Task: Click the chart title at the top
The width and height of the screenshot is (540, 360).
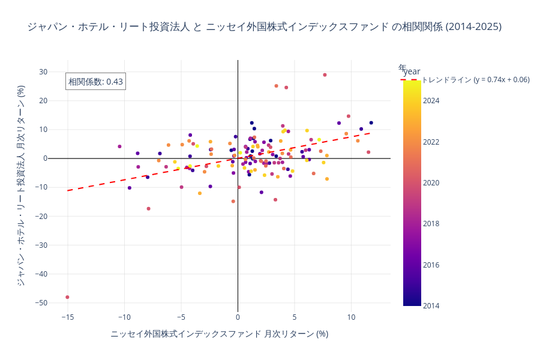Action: point(265,26)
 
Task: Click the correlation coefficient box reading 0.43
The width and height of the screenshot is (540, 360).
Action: point(95,82)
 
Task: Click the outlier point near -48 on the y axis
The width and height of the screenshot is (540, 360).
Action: point(67,297)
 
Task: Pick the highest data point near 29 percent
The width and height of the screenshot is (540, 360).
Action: point(325,75)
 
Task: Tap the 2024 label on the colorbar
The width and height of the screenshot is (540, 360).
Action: point(430,101)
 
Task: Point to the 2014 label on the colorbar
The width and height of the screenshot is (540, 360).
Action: point(430,305)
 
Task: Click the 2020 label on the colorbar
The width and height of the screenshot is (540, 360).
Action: point(430,182)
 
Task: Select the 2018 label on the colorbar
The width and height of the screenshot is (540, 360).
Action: point(430,224)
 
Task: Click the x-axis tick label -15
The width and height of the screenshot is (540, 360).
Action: point(67,317)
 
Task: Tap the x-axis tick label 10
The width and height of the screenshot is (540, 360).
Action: point(351,317)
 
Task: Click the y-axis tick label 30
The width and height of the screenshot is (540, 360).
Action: point(43,72)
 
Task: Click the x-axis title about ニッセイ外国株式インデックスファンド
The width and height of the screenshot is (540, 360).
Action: point(219,334)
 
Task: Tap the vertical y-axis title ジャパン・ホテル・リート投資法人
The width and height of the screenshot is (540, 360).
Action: point(21,185)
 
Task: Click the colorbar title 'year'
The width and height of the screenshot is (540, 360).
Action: point(411,71)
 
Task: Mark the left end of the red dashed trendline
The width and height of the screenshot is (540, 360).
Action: point(68,190)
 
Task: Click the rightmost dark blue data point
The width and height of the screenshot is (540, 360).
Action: point(371,122)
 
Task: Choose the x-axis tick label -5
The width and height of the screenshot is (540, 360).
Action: point(181,317)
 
